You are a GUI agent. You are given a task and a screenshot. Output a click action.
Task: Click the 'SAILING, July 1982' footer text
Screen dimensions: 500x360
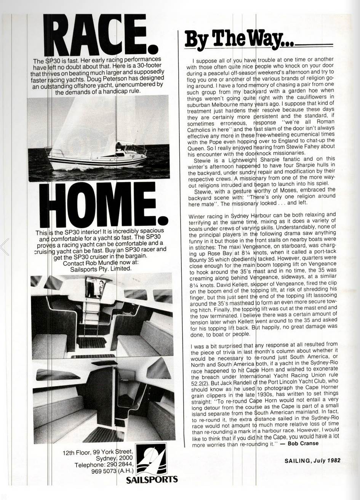(x=312, y=460)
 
